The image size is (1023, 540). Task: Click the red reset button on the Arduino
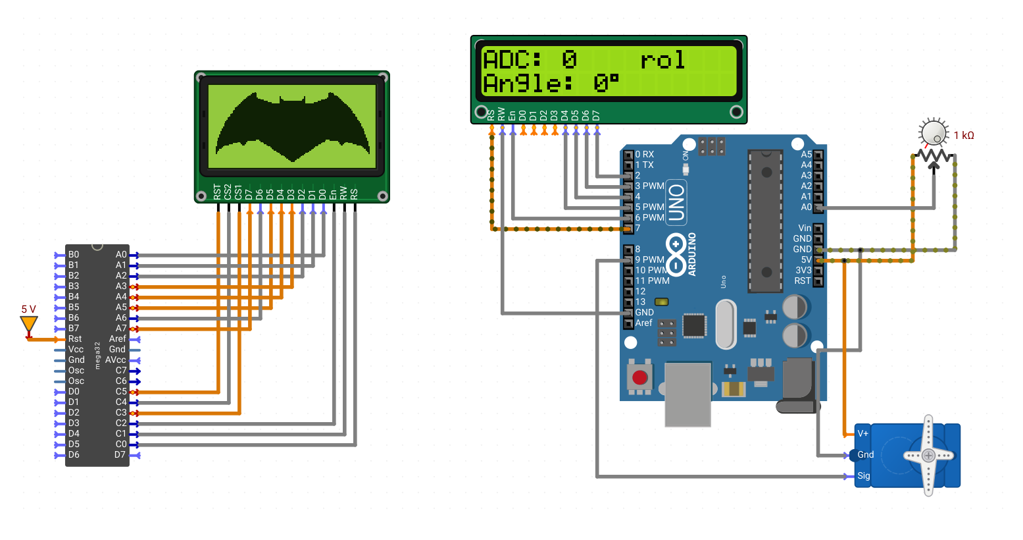(x=639, y=378)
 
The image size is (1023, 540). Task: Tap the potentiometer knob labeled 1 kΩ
(x=934, y=132)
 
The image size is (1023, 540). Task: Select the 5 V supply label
(x=28, y=310)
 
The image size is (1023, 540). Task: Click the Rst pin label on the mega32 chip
(x=75, y=338)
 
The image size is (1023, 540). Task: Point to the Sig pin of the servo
(x=863, y=475)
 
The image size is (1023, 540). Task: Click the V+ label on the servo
(x=862, y=433)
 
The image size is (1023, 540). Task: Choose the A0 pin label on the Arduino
(x=806, y=207)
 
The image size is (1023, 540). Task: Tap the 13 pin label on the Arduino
(x=640, y=302)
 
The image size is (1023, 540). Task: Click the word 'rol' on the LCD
(x=662, y=60)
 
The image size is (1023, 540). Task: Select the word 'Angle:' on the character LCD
(x=528, y=84)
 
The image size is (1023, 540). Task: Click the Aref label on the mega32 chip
(x=117, y=338)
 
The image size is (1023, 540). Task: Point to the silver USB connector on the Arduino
(x=687, y=394)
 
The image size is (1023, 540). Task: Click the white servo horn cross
(x=928, y=456)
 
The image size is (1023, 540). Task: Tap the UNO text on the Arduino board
(x=676, y=203)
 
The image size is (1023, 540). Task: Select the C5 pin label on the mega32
(x=121, y=391)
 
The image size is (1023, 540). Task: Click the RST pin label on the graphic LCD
(x=217, y=192)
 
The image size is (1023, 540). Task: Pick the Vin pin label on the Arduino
(x=805, y=228)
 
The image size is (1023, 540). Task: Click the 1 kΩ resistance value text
(x=964, y=136)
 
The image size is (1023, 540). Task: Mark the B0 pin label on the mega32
(x=74, y=254)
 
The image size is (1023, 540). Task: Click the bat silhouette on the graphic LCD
(x=293, y=126)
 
